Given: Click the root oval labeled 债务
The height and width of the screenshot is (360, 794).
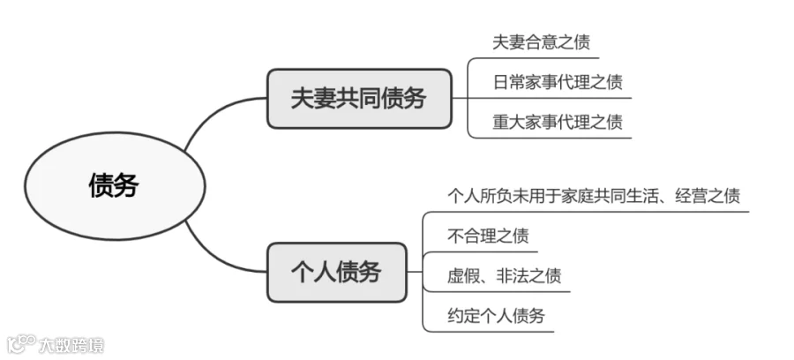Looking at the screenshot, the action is (115, 186).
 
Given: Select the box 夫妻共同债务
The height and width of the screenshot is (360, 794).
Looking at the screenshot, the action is (359, 98).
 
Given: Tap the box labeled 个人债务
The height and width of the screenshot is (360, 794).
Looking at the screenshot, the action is (337, 273).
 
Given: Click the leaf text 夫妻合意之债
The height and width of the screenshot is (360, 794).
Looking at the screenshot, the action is (542, 42).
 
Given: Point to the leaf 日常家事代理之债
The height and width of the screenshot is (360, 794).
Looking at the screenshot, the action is (558, 82).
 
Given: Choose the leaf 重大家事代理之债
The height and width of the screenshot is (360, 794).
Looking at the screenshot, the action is (558, 122).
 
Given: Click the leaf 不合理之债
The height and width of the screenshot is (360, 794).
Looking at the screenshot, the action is (488, 236).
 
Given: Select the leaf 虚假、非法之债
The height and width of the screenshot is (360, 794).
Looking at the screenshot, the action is (505, 276).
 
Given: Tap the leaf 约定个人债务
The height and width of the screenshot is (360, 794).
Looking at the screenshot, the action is (496, 316).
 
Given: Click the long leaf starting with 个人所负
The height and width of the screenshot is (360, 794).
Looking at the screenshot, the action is (594, 196).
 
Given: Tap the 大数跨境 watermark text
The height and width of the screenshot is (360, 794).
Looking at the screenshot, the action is (71, 345).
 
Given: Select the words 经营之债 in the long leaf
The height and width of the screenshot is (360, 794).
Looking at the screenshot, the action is (708, 196).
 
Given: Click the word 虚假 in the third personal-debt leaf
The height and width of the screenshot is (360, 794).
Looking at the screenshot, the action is (464, 276).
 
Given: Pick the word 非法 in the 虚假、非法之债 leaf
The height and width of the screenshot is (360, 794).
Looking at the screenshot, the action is (513, 276).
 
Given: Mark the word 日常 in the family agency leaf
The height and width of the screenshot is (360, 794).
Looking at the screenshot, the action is (509, 82).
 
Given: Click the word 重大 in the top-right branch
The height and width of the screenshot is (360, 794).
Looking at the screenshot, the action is (509, 122).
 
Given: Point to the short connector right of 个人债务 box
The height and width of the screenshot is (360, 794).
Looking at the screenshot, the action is (415, 272).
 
